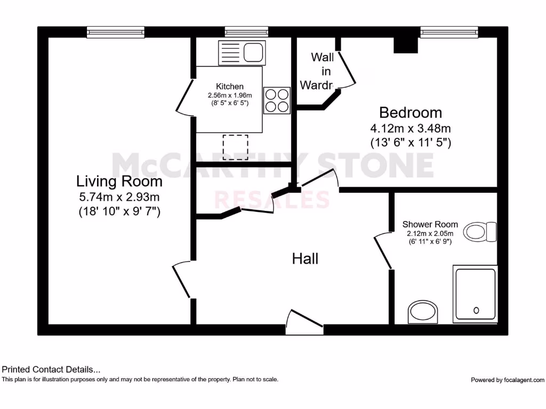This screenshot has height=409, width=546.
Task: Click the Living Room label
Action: (x=119, y=181)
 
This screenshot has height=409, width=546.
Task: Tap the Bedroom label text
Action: (x=411, y=112)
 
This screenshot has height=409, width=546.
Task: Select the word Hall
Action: (x=305, y=259)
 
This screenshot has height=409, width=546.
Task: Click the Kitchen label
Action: (x=229, y=86)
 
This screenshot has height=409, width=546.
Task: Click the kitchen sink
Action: (x=242, y=53)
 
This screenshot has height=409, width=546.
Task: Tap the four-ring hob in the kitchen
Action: (x=277, y=100)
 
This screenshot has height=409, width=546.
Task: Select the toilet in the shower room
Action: (x=480, y=232)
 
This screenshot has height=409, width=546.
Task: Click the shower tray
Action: (x=475, y=293)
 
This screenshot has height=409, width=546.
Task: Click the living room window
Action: (x=116, y=32)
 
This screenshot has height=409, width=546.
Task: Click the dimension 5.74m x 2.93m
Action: (x=119, y=198)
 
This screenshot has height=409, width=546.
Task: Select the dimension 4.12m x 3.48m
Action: (x=411, y=128)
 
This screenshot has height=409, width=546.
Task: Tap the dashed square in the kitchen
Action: (x=235, y=144)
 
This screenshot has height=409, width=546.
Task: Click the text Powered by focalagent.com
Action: (x=507, y=380)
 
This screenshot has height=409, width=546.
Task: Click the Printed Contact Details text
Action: (x=51, y=369)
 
